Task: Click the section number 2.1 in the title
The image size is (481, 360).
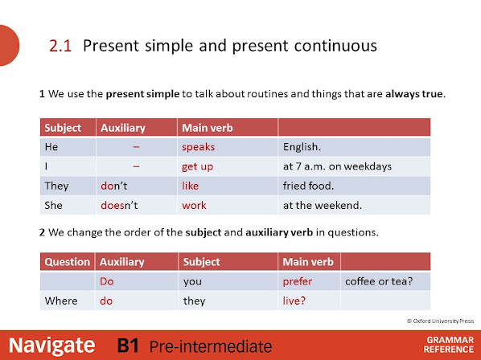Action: [60, 46]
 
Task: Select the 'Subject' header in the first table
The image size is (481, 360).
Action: [63, 128]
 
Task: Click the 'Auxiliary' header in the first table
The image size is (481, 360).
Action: [123, 128]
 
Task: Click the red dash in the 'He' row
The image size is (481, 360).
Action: [136, 147]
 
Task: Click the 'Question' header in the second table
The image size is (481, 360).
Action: [68, 262]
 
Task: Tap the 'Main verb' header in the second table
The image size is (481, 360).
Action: [308, 262]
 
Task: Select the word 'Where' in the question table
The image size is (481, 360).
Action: [61, 301]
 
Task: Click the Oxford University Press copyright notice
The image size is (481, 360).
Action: [440, 321]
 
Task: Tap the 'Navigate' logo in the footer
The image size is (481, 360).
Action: [51, 346]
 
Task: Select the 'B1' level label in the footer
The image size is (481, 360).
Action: [128, 346]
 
